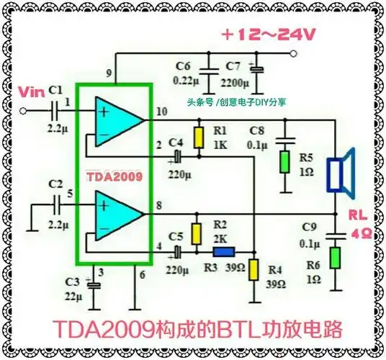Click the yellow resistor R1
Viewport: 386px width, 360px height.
point(197,137)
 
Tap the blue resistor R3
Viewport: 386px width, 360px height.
point(223,252)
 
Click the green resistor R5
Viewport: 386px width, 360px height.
point(286,161)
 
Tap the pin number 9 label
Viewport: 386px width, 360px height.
point(108,73)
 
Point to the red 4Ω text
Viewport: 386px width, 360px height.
point(360,234)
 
